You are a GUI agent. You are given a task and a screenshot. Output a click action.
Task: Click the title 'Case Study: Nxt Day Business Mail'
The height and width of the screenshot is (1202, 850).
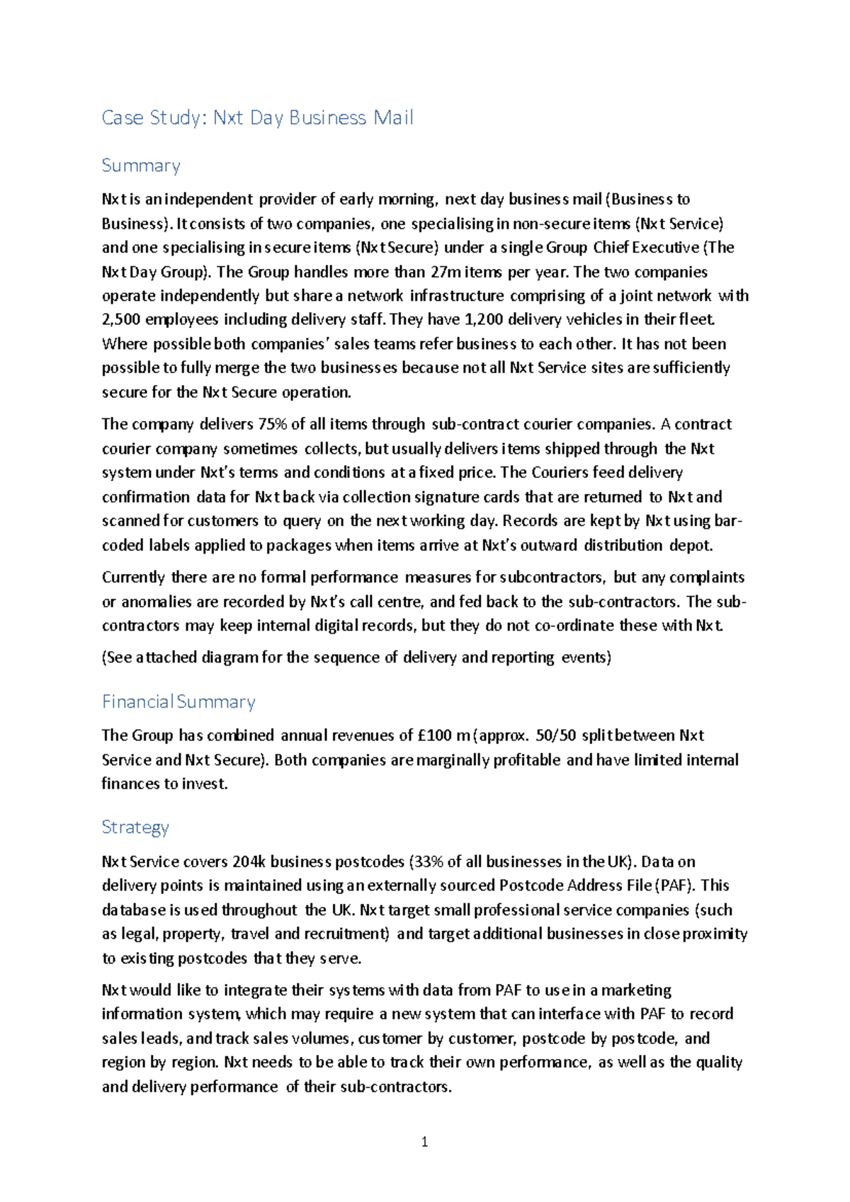point(257,118)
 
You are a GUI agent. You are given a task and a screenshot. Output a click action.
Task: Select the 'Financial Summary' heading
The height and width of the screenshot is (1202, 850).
point(178,702)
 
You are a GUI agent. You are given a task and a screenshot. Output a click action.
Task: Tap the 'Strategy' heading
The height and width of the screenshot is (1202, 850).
point(135,827)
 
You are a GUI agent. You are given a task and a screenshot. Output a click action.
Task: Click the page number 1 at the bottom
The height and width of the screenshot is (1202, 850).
point(424,1141)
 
